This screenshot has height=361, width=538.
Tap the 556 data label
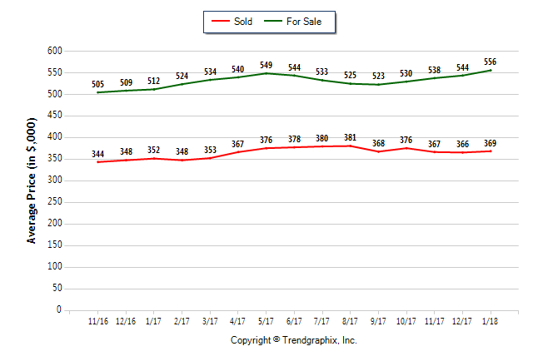(x=490, y=62)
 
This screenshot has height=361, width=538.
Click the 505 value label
(x=98, y=83)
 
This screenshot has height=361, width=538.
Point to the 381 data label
(x=350, y=137)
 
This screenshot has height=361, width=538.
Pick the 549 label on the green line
(x=266, y=65)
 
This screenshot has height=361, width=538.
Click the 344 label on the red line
(x=98, y=153)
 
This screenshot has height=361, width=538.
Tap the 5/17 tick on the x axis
(x=266, y=321)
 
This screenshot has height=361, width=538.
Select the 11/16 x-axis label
(x=98, y=321)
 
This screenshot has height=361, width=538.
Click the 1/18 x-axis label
(x=490, y=321)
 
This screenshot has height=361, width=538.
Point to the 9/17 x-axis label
(x=378, y=321)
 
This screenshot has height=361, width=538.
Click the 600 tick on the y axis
(x=55, y=51)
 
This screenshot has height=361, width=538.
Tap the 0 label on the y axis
(x=59, y=310)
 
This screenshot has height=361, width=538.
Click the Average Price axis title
(x=32, y=180)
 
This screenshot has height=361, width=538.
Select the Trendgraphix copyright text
(x=293, y=340)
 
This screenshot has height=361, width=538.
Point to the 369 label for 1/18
(x=490, y=143)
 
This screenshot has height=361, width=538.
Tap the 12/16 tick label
(x=126, y=321)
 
